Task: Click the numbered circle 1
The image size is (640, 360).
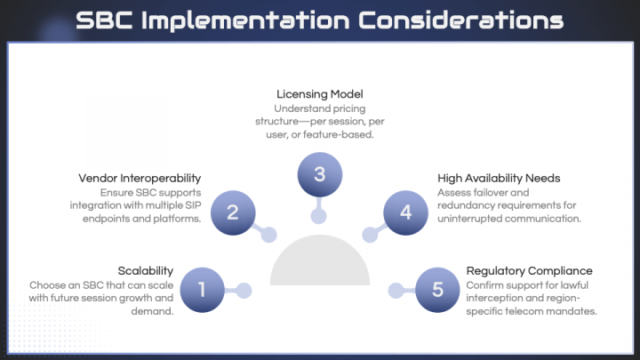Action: point(203,289)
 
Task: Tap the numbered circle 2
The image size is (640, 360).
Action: point(233,212)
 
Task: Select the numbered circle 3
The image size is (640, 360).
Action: point(319,174)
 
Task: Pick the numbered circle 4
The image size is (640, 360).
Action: point(406,212)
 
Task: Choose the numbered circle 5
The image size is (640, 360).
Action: point(436,289)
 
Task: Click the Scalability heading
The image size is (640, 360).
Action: point(146,270)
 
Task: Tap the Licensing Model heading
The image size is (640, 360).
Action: point(320,93)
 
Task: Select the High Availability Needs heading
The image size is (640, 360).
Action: point(499,179)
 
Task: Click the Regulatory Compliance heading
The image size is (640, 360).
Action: point(529,270)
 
